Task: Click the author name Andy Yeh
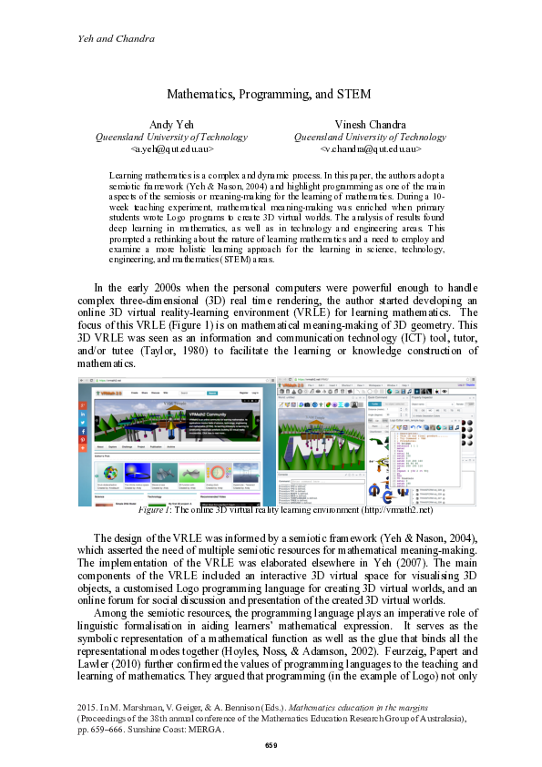(x=172, y=125)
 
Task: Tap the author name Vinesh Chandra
(x=369, y=125)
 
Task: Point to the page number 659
(x=271, y=746)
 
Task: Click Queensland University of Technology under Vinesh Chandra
(x=369, y=137)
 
